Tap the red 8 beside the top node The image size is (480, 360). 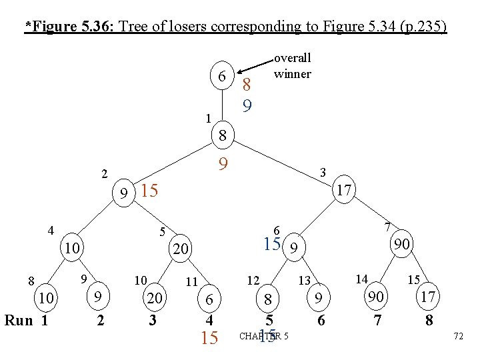coord(247,85)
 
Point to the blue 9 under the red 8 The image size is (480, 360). coord(247,105)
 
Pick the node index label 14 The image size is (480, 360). coord(361,279)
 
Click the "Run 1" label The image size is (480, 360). coord(27,320)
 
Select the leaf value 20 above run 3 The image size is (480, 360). coord(155,299)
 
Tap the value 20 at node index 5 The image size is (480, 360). coord(180,249)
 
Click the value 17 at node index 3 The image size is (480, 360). coord(344,191)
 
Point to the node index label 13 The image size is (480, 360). coord(304,281)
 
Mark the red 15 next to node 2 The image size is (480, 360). coord(149,191)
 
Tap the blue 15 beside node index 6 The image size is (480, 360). coord(272,245)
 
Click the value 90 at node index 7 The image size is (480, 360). coord(401,245)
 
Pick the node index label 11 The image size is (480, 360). coord(191,282)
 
